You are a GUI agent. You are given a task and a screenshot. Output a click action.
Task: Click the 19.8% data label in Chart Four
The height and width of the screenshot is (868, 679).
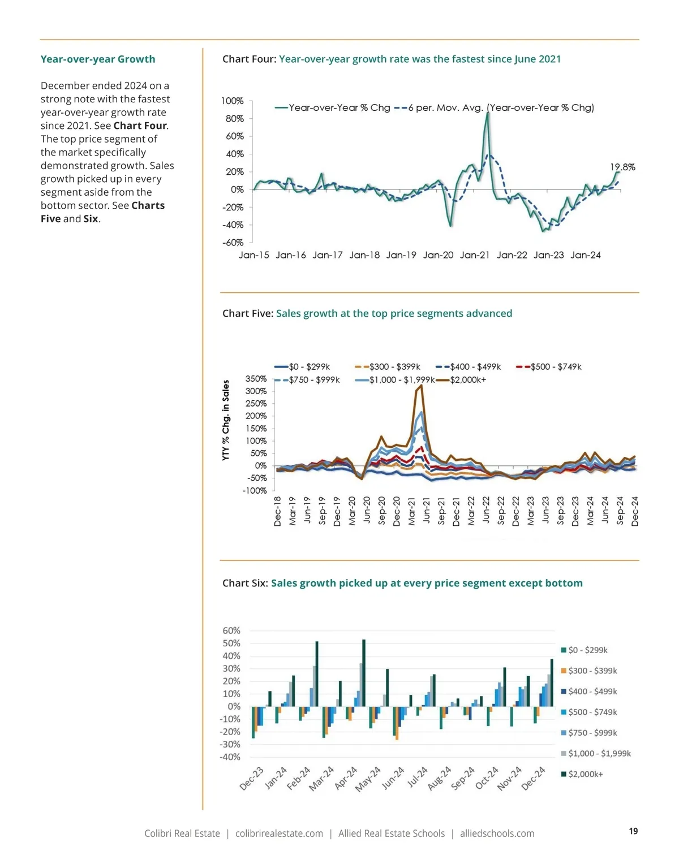[x=622, y=167]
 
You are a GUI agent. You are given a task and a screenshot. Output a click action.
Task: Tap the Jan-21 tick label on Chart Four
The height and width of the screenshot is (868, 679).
[x=475, y=255]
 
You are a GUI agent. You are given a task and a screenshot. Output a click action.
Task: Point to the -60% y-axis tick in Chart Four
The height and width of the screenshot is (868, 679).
[x=233, y=243]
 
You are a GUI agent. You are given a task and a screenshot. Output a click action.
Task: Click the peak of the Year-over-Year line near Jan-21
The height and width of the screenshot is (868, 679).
[x=488, y=114]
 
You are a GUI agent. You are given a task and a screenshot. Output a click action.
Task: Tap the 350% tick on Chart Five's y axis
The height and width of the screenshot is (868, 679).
[x=256, y=379]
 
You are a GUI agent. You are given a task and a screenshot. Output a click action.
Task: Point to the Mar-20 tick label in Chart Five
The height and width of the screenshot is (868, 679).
[x=352, y=511]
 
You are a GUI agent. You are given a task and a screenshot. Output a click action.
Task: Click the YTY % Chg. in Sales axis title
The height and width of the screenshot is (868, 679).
[x=226, y=420]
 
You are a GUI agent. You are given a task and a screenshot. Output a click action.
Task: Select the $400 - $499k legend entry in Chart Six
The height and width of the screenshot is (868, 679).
[x=592, y=692]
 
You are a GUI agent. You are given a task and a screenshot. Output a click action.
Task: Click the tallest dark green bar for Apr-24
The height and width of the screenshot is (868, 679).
[x=363, y=673]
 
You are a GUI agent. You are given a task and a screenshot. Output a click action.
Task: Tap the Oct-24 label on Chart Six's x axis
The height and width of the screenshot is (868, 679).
[x=487, y=778]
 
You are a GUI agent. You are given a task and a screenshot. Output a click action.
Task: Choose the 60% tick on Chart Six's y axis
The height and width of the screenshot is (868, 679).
[x=231, y=631]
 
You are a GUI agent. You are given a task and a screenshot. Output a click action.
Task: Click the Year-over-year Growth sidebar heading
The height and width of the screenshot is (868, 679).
[x=98, y=59]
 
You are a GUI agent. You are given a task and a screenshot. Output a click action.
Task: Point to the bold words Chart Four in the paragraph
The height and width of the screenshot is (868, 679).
[x=140, y=126]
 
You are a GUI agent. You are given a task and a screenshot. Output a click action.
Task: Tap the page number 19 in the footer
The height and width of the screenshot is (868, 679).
[x=633, y=831]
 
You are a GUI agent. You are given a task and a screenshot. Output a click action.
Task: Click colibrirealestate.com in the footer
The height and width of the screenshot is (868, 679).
[x=279, y=834]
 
